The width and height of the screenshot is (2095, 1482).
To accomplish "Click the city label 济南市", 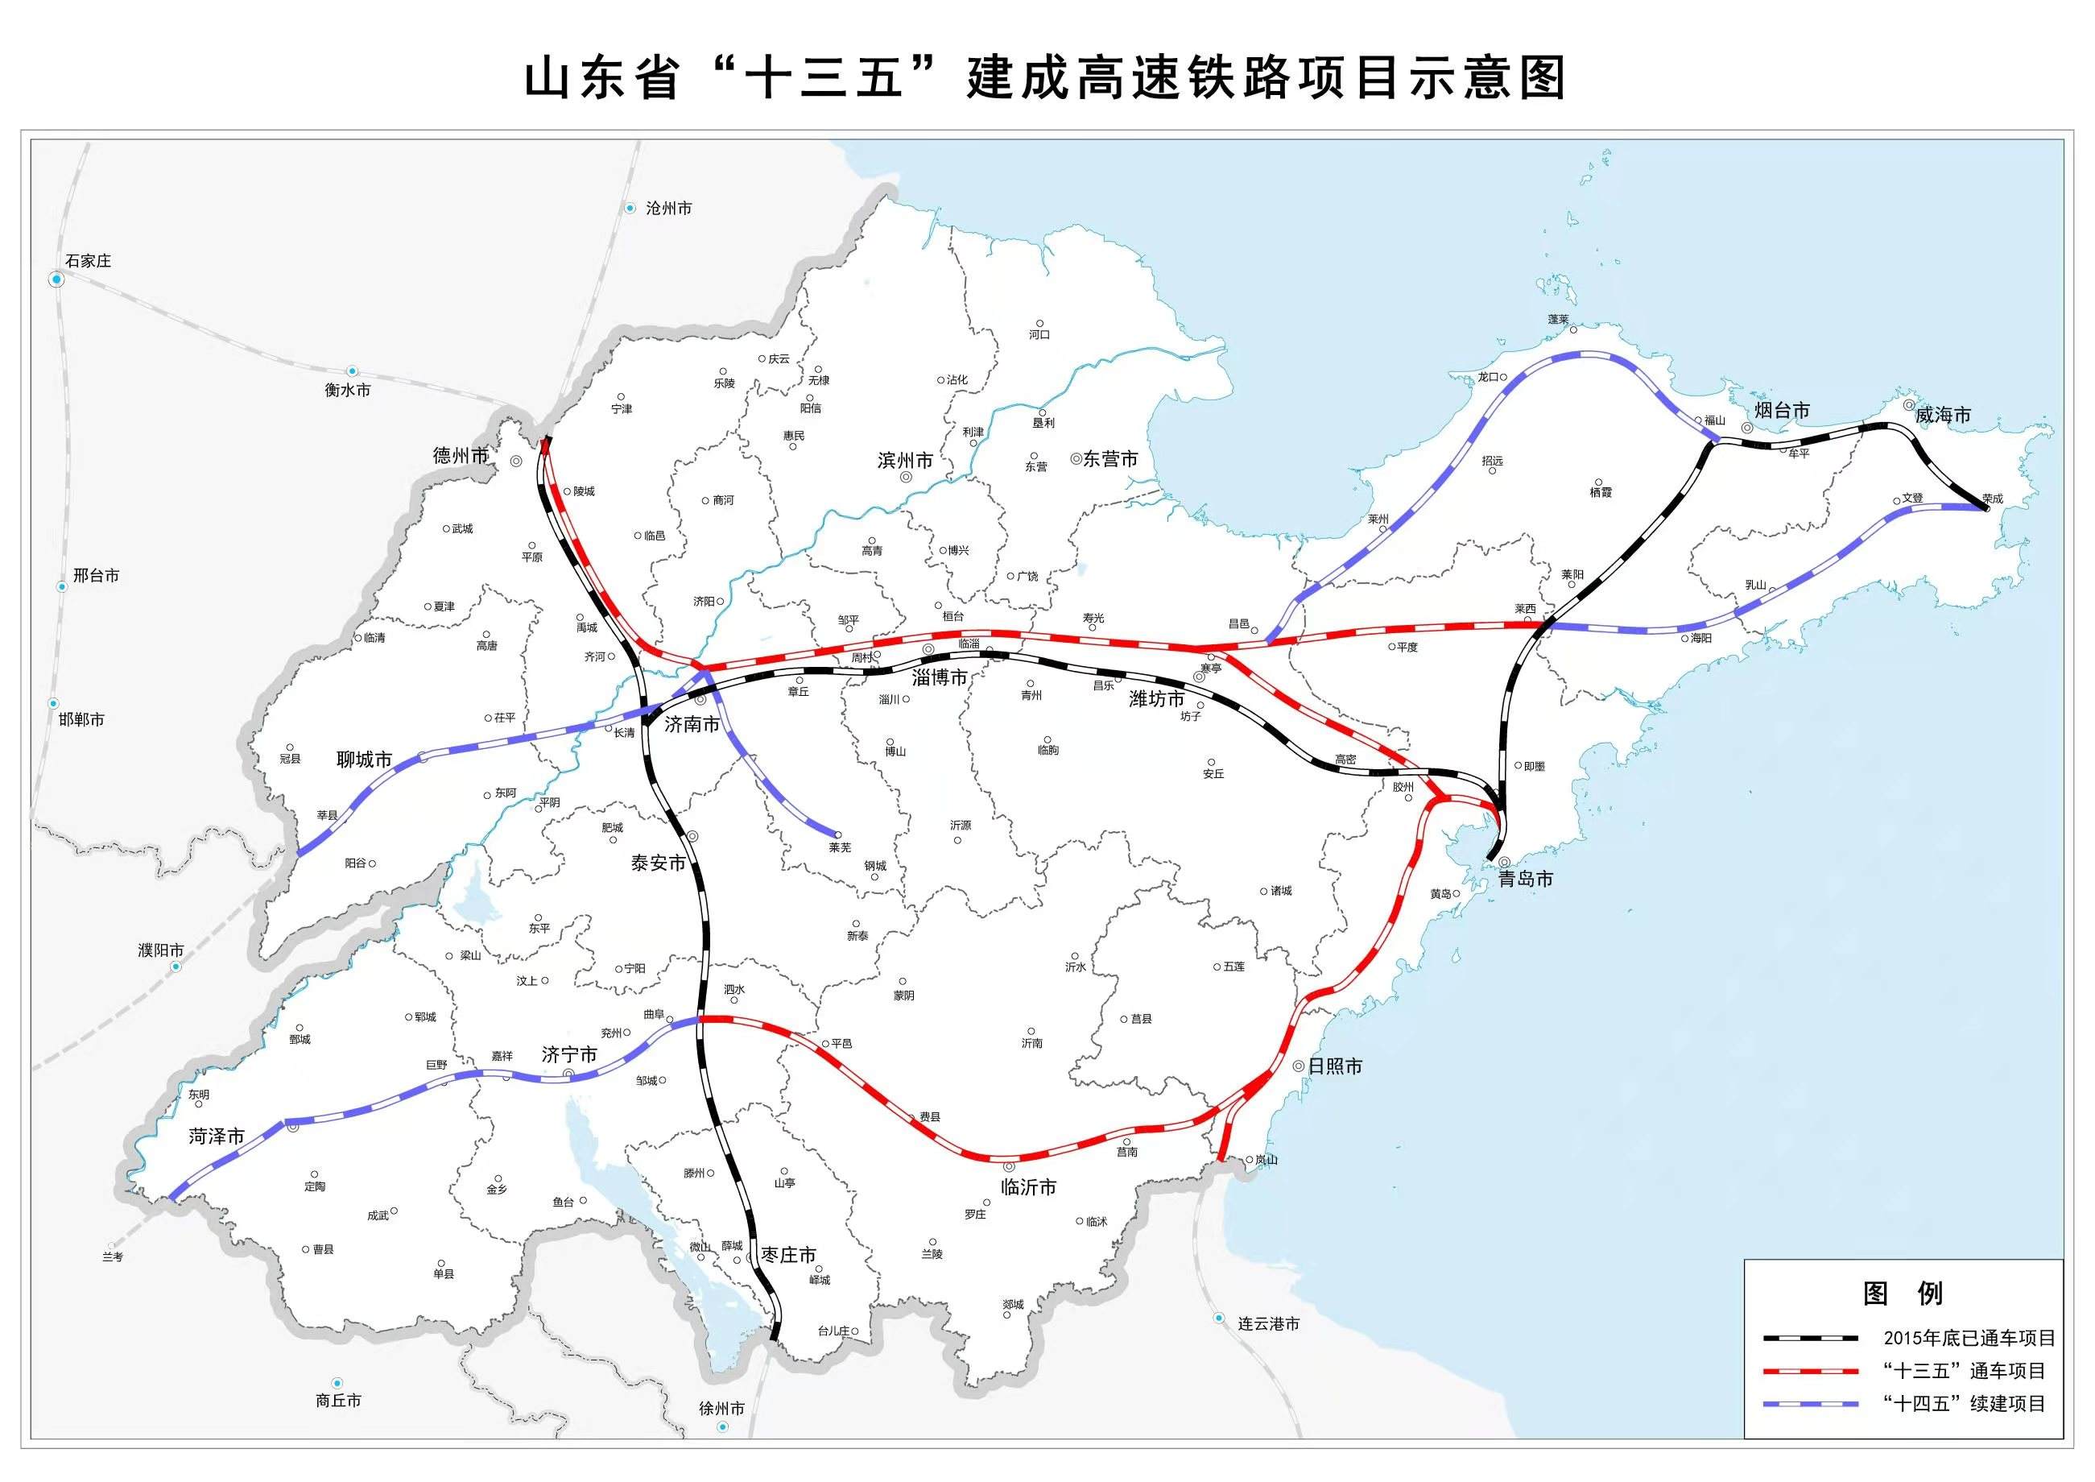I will pyautogui.click(x=692, y=725).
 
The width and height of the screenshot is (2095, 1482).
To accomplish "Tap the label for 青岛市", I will pyautogui.click(x=1526, y=879).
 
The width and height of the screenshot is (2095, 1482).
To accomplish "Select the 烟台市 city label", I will pyautogui.click(x=1782, y=411).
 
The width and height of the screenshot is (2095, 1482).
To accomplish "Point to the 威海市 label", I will pyautogui.click(x=1943, y=416).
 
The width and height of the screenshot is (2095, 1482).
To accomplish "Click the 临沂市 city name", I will pyautogui.click(x=1028, y=1187).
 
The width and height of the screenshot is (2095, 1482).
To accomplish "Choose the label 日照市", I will pyautogui.click(x=1335, y=1066).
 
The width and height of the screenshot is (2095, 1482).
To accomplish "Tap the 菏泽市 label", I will pyautogui.click(x=217, y=1136).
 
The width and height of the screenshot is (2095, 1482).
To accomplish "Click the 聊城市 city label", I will pyautogui.click(x=364, y=760).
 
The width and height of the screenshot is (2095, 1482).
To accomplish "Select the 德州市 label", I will pyautogui.click(x=461, y=455).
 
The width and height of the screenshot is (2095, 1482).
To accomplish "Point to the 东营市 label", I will pyautogui.click(x=1110, y=459).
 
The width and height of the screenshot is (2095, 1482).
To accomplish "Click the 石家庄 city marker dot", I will pyautogui.click(x=57, y=279).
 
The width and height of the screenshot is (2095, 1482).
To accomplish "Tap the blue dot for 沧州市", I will pyautogui.click(x=630, y=208).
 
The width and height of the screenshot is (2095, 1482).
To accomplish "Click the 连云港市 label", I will pyautogui.click(x=1268, y=1323).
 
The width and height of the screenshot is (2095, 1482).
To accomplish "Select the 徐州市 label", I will pyautogui.click(x=721, y=1408).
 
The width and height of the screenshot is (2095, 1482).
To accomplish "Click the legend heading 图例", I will pyautogui.click(x=1903, y=1293).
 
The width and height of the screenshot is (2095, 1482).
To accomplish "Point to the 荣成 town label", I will pyautogui.click(x=1993, y=499).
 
